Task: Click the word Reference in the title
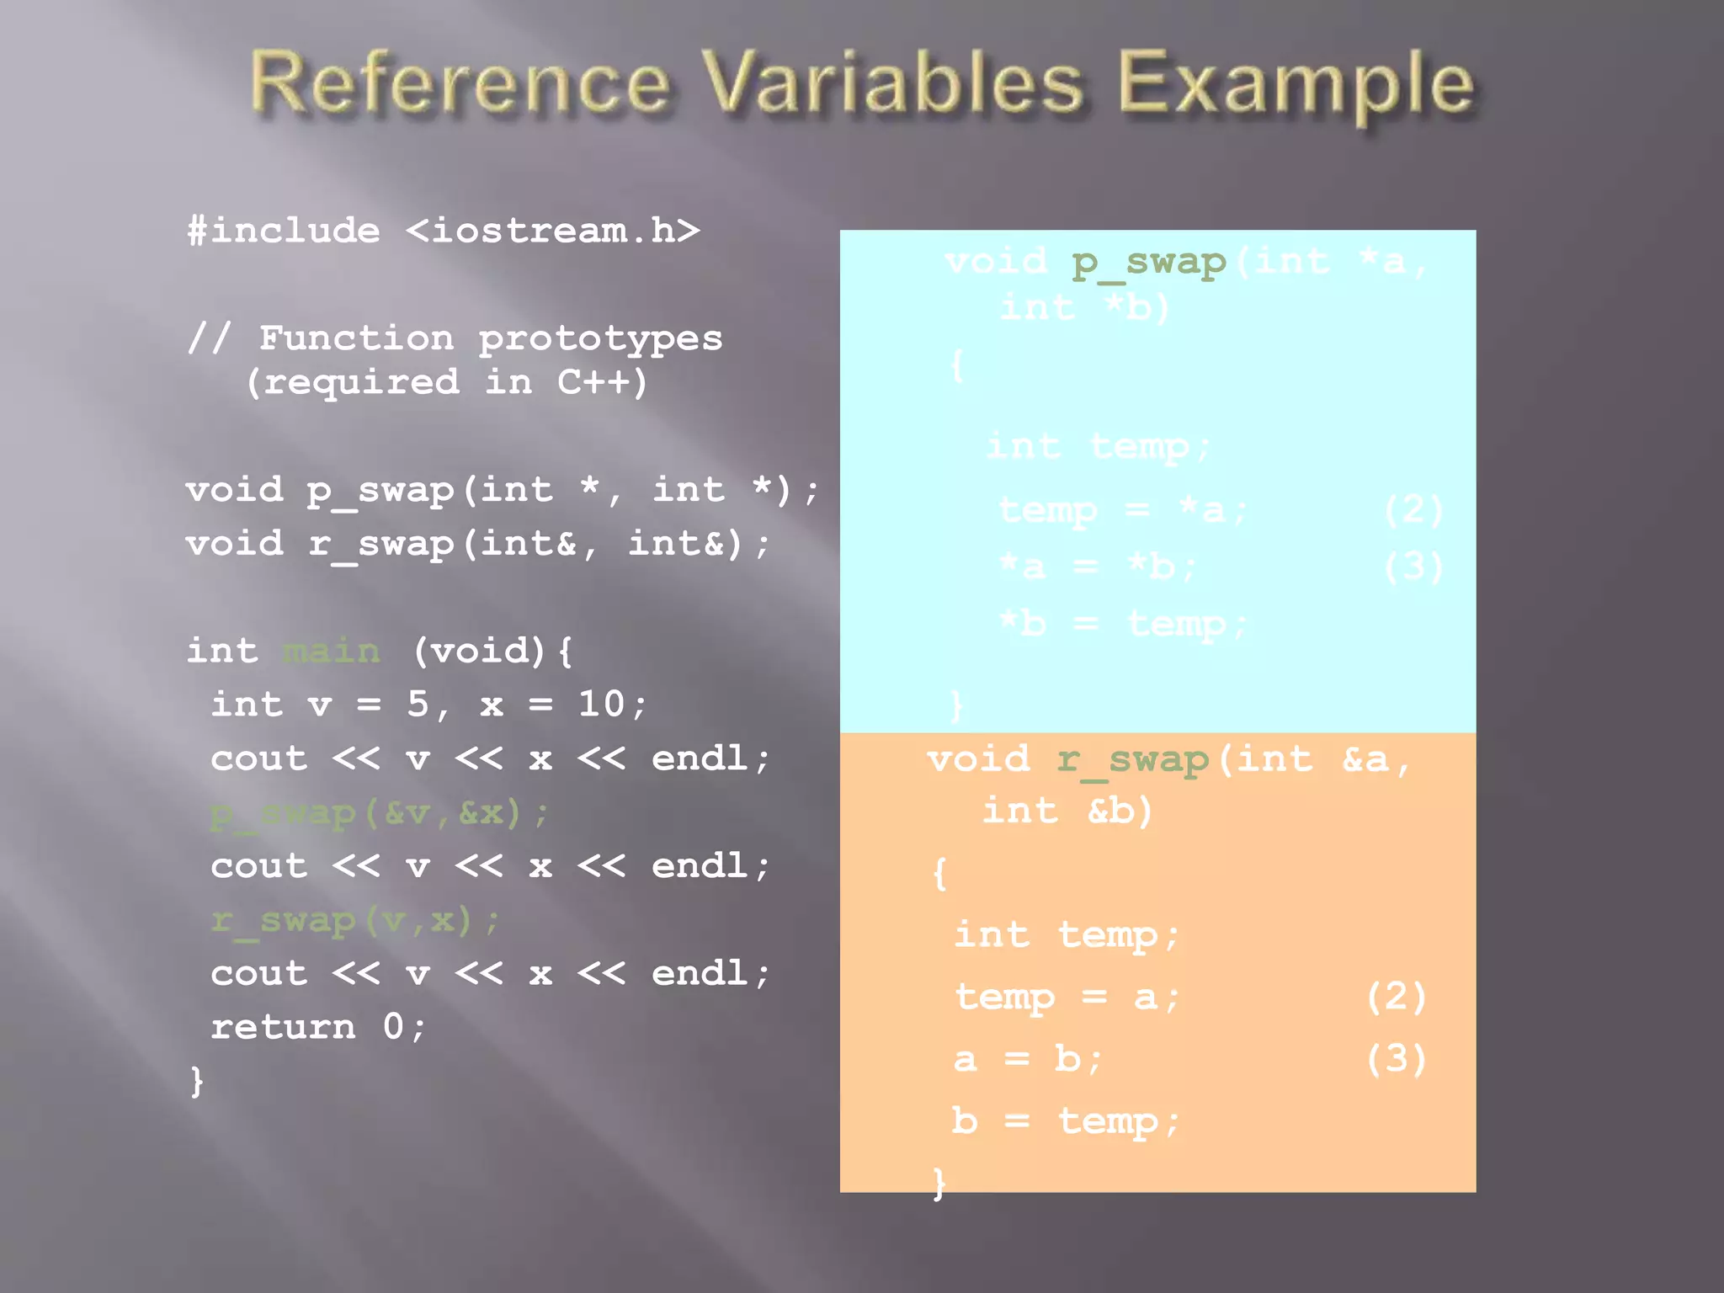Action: [x=460, y=82]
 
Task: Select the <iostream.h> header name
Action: [x=553, y=231]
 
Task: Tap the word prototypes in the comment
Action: [x=600, y=338]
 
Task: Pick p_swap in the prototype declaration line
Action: [x=380, y=491]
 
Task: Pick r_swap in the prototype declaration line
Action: [x=380, y=545]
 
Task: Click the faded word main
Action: [x=332, y=652]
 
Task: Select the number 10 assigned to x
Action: [x=601, y=704]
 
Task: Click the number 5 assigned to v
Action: [x=418, y=704]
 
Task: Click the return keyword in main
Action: [x=283, y=1027]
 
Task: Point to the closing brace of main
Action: [x=197, y=1081]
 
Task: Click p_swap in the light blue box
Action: [x=1149, y=263]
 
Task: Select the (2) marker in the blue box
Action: [x=1413, y=509]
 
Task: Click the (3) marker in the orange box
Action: [x=1396, y=1059]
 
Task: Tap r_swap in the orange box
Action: [x=1133, y=760]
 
